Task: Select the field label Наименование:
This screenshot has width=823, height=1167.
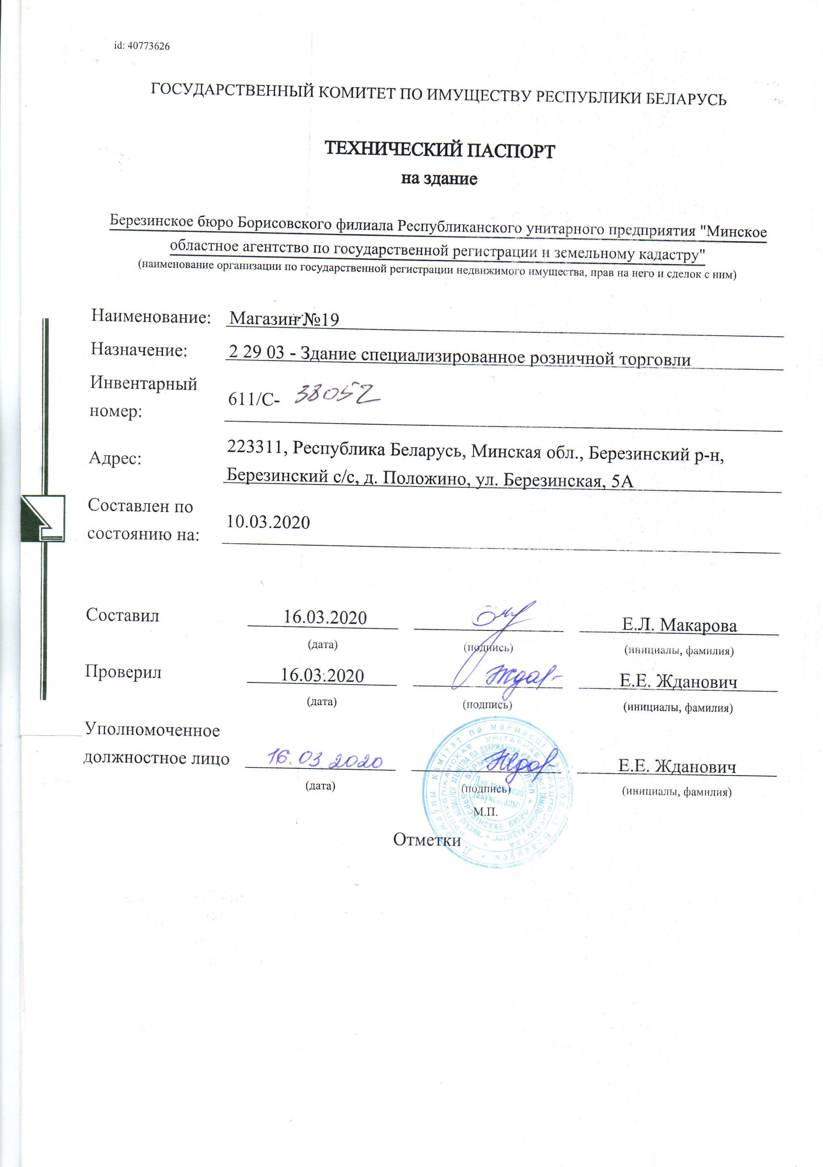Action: (x=151, y=317)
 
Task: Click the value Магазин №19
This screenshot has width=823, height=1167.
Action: (x=284, y=319)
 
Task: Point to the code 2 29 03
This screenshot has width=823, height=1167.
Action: (x=257, y=352)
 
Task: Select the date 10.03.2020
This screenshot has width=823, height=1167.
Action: (x=268, y=522)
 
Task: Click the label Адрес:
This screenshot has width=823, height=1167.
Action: (x=115, y=458)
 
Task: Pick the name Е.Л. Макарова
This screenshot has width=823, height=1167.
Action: (x=679, y=625)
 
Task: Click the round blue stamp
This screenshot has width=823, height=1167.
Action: (x=496, y=792)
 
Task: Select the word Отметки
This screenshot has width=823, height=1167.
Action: (x=427, y=840)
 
